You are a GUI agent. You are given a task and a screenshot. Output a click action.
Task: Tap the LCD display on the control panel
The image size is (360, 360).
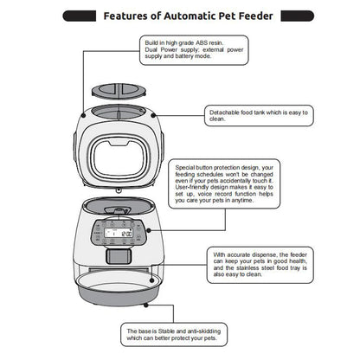[x=116, y=235]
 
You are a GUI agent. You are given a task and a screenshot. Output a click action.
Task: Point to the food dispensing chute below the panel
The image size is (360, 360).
[x=116, y=257]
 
